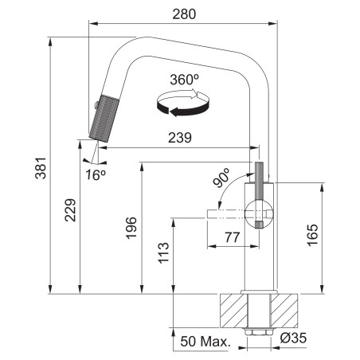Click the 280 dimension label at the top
pos(184,14)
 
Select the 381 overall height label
pos(41,168)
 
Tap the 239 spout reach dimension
pos(180,138)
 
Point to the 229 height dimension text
pos(70,209)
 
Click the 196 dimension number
pos(131,228)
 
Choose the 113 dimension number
pos(163,253)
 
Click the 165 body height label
pos(313,235)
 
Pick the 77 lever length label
pos(233,237)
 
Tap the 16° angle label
pos(96,174)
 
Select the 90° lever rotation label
pos(221,178)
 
